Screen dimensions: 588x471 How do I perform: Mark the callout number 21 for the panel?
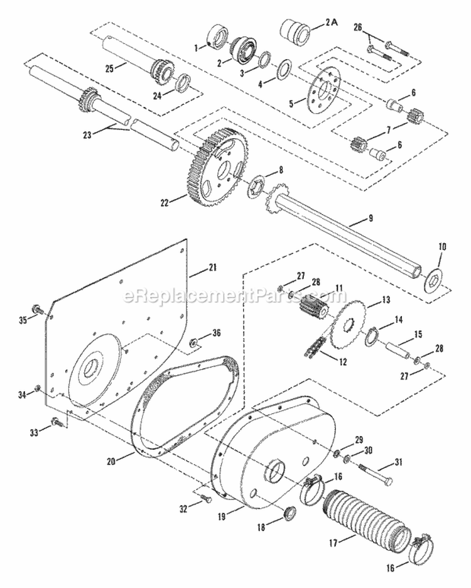pos(212,268)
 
